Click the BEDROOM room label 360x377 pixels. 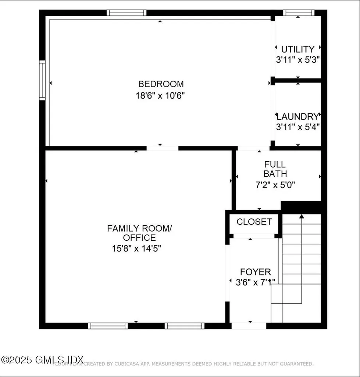point(161,84)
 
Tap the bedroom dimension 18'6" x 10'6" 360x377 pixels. point(160,96)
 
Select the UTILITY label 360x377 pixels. point(298,49)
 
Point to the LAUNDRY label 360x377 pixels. point(297,117)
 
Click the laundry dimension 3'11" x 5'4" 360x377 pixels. point(297,127)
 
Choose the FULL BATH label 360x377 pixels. point(275,169)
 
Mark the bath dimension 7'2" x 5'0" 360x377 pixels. point(275,185)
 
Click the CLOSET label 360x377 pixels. point(254,222)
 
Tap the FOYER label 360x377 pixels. point(255,272)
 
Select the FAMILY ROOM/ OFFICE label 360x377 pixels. point(139,233)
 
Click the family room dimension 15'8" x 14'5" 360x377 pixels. point(136,249)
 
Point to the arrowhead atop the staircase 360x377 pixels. point(302,216)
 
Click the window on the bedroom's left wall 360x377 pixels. point(42,80)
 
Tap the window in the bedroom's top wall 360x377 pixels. point(126,13)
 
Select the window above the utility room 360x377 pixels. point(299,13)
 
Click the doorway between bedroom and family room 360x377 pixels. point(162,148)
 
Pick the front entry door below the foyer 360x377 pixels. point(249,326)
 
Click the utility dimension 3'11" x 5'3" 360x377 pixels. point(297,60)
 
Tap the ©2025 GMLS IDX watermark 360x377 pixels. point(43,359)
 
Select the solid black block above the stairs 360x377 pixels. point(301,207)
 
